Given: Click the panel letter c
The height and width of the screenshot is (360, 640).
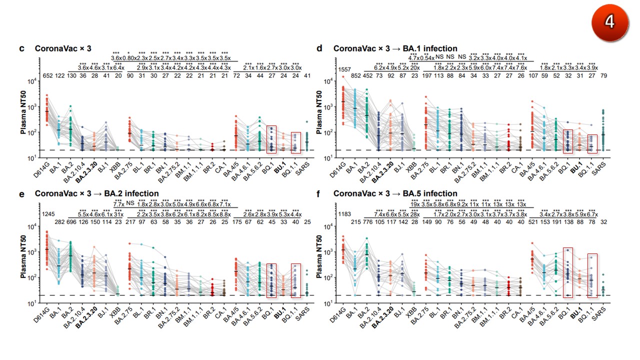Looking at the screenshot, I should pyautogui.click(x=21, y=48).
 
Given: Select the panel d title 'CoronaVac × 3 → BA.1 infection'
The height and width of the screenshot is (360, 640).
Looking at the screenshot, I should pyautogui.click(x=395, y=48).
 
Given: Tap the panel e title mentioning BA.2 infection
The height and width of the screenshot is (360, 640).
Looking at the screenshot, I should pyautogui.click(x=96, y=193).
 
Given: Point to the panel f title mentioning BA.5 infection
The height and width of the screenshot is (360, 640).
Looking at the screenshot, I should pyautogui.click(x=395, y=193).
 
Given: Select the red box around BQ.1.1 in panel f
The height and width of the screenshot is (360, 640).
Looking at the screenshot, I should pyautogui.click(x=592, y=276).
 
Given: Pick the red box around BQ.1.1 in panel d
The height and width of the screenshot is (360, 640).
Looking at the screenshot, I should pyautogui.click(x=592, y=143).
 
